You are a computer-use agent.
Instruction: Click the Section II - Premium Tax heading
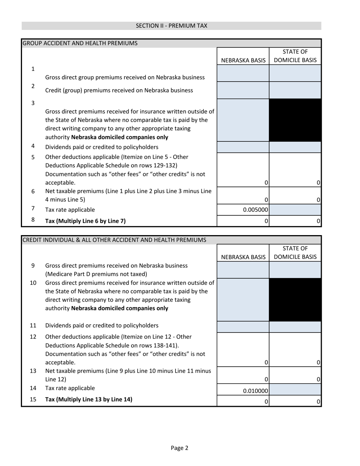171,26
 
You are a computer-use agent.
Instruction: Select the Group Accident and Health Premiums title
80,43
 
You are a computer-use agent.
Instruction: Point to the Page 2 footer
179,448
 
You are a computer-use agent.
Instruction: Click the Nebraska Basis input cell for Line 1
243,73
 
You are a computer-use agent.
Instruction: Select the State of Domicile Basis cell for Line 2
295,90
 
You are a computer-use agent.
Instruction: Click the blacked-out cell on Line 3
295,120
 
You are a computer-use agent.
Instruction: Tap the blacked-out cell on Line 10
295,300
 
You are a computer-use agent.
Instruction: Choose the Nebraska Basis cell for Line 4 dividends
243,147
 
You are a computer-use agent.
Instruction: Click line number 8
33,220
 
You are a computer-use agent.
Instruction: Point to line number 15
33,399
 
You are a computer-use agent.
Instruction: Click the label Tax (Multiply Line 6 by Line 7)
85,221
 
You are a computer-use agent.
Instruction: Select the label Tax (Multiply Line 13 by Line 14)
89,399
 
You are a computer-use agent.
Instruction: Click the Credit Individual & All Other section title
114,240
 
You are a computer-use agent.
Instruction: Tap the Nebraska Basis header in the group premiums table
243,60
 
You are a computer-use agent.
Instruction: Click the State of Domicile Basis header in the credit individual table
295,253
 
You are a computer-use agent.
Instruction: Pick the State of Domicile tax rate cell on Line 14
295,389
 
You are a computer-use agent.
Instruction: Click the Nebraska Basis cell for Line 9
243,270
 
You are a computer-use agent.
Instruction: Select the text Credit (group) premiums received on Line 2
119,90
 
